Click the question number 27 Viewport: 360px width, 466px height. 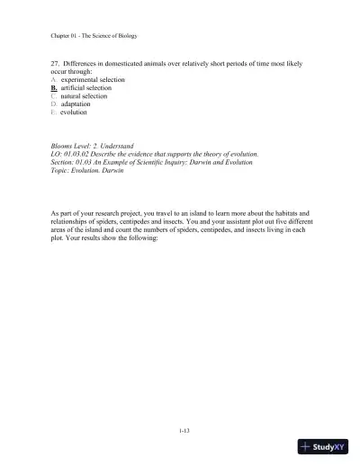click(56, 66)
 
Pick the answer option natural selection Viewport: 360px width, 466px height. click(89, 97)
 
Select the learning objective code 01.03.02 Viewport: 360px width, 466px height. click(82, 154)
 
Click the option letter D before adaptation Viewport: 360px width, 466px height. click(54, 105)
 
